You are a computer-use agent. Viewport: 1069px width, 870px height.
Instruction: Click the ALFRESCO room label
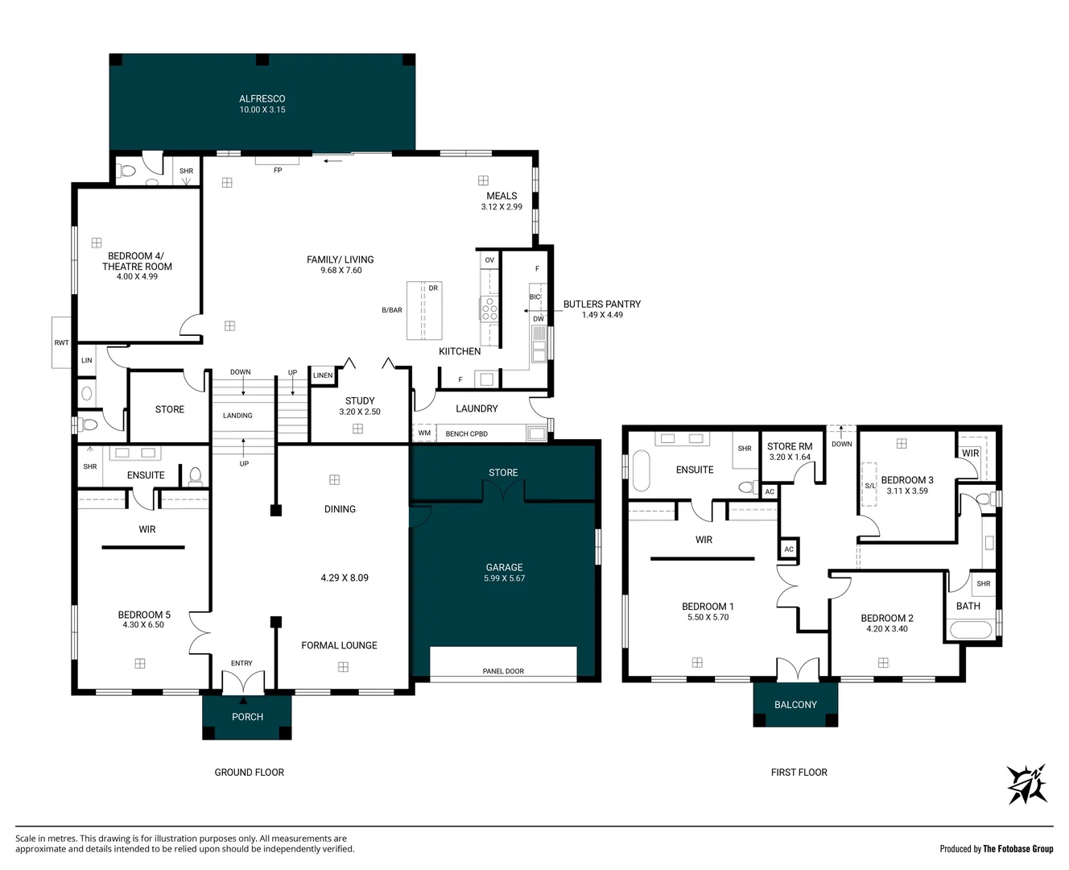coord(262,99)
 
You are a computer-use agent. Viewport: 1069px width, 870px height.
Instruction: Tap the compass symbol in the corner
coord(1027,784)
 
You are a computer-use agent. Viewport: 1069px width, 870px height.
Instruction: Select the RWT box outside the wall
coord(61,342)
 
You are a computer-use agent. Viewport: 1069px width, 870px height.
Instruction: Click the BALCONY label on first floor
coord(795,705)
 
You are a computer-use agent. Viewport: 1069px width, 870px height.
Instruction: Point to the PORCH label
coord(247,717)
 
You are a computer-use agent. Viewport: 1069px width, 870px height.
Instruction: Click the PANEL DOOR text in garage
coord(503,671)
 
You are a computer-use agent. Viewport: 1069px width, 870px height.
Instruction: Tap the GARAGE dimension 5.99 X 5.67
coord(505,578)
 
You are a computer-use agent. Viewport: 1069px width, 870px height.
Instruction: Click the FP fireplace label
coord(278,170)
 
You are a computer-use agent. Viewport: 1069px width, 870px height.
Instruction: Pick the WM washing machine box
coord(424,433)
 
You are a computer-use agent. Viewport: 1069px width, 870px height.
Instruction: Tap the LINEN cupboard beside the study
coord(323,375)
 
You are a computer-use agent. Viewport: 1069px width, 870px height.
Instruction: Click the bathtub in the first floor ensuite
coord(641,470)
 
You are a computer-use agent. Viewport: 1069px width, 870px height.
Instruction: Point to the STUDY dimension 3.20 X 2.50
coord(360,412)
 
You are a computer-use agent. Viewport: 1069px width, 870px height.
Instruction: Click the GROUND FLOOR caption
coord(250,772)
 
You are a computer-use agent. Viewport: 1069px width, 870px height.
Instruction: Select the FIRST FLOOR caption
coord(799,772)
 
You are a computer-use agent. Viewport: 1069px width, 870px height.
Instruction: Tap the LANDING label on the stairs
coord(237,416)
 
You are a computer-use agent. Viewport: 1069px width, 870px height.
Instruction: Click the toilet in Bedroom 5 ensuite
coord(196,476)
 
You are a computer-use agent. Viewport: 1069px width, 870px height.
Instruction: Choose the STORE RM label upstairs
coord(790,446)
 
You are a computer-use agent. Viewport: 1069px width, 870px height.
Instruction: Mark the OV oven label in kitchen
coord(489,259)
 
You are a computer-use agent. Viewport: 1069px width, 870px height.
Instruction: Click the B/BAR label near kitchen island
coord(391,310)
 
